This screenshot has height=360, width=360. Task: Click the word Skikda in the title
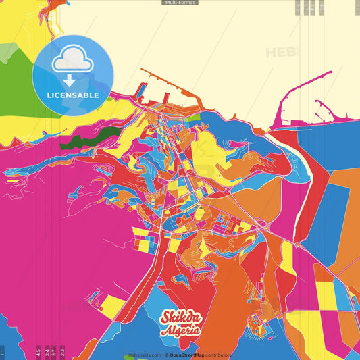(x=180, y=317)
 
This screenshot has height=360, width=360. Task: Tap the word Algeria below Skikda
(x=180, y=330)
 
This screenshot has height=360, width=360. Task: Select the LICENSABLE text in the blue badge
(x=73, y=95)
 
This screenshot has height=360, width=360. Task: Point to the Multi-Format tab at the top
(x=180, y=3)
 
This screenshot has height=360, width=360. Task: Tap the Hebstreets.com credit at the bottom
(x=143, y=355)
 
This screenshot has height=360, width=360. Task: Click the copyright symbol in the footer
(x=165, y=355)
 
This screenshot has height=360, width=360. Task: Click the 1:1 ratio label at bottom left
(x=3, y=352)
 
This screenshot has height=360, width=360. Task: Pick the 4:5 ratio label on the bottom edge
(x=38, y=352)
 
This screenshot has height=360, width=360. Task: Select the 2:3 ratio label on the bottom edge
(x=62, y=352)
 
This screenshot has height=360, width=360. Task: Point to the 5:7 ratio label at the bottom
(x=54, y=352)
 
